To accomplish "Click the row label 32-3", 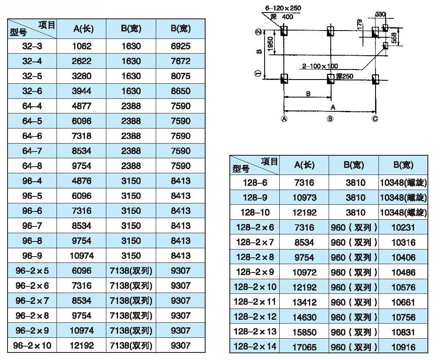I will (x=32, y=46).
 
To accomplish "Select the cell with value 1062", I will (x=81, y=46).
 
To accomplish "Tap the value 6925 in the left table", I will (x=180, y=46).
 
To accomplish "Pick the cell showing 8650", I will (x=180, y=91).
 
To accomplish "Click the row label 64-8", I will (x=32, y=166).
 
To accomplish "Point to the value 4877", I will (x=81, y=106).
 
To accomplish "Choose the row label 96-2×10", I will (x=32, y=346).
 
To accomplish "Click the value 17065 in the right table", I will (x=304, y=347).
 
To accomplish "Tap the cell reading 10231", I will (x=403, y=227).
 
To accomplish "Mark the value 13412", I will (x=304, y=302).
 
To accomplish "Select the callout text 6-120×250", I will (x=283, y=8).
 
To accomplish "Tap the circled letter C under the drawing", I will (x=375, y=119).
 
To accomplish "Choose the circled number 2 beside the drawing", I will (x=258, y=32).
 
